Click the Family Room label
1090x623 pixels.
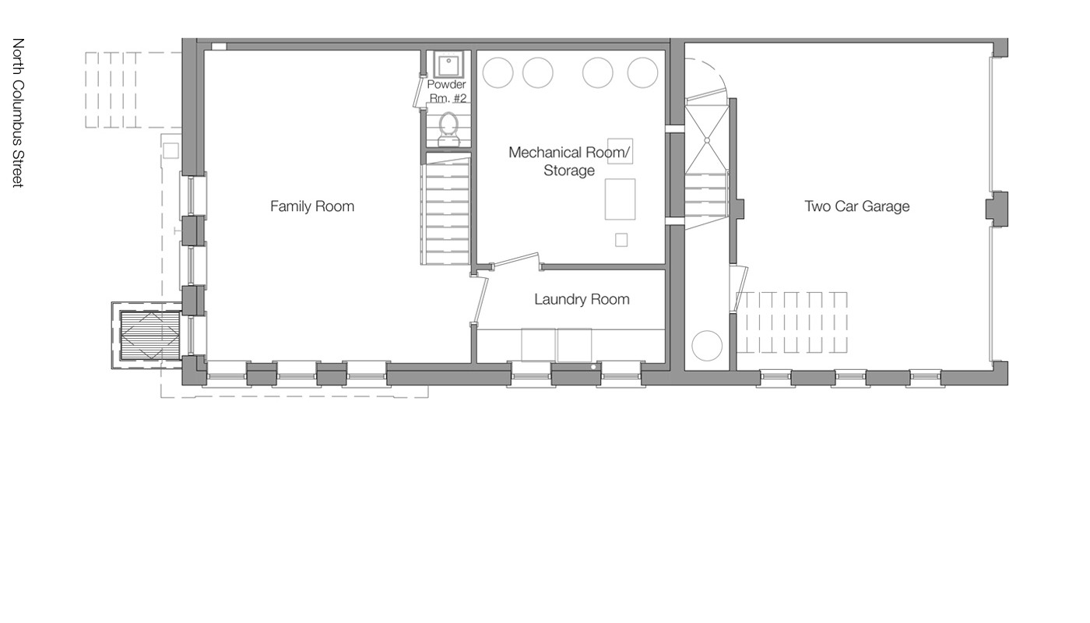click(x=311, y=206)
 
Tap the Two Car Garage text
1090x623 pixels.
click(x=856, y=206)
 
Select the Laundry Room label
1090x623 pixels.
click(x=582, y=299)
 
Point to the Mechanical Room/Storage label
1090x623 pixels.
click(x=568, y=161)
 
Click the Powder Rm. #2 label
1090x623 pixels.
click(x=447, y=90)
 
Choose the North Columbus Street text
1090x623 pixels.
click(x=18, y=112)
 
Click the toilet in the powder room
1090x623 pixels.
click(x=448, y=129)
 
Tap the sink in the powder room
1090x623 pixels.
click(x=447, y=64)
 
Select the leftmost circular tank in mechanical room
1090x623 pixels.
click(x=498, y=72)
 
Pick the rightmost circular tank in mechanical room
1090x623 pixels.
click(x=642, y=72)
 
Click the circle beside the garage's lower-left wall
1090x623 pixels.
click(x=707, y=346)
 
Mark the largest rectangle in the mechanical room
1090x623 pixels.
click(x=621, y=199)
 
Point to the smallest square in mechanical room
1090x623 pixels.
click(x=621, y=240)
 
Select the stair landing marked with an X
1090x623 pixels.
click(x=707, y=140)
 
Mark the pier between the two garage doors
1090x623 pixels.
click(x=997, y=209)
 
